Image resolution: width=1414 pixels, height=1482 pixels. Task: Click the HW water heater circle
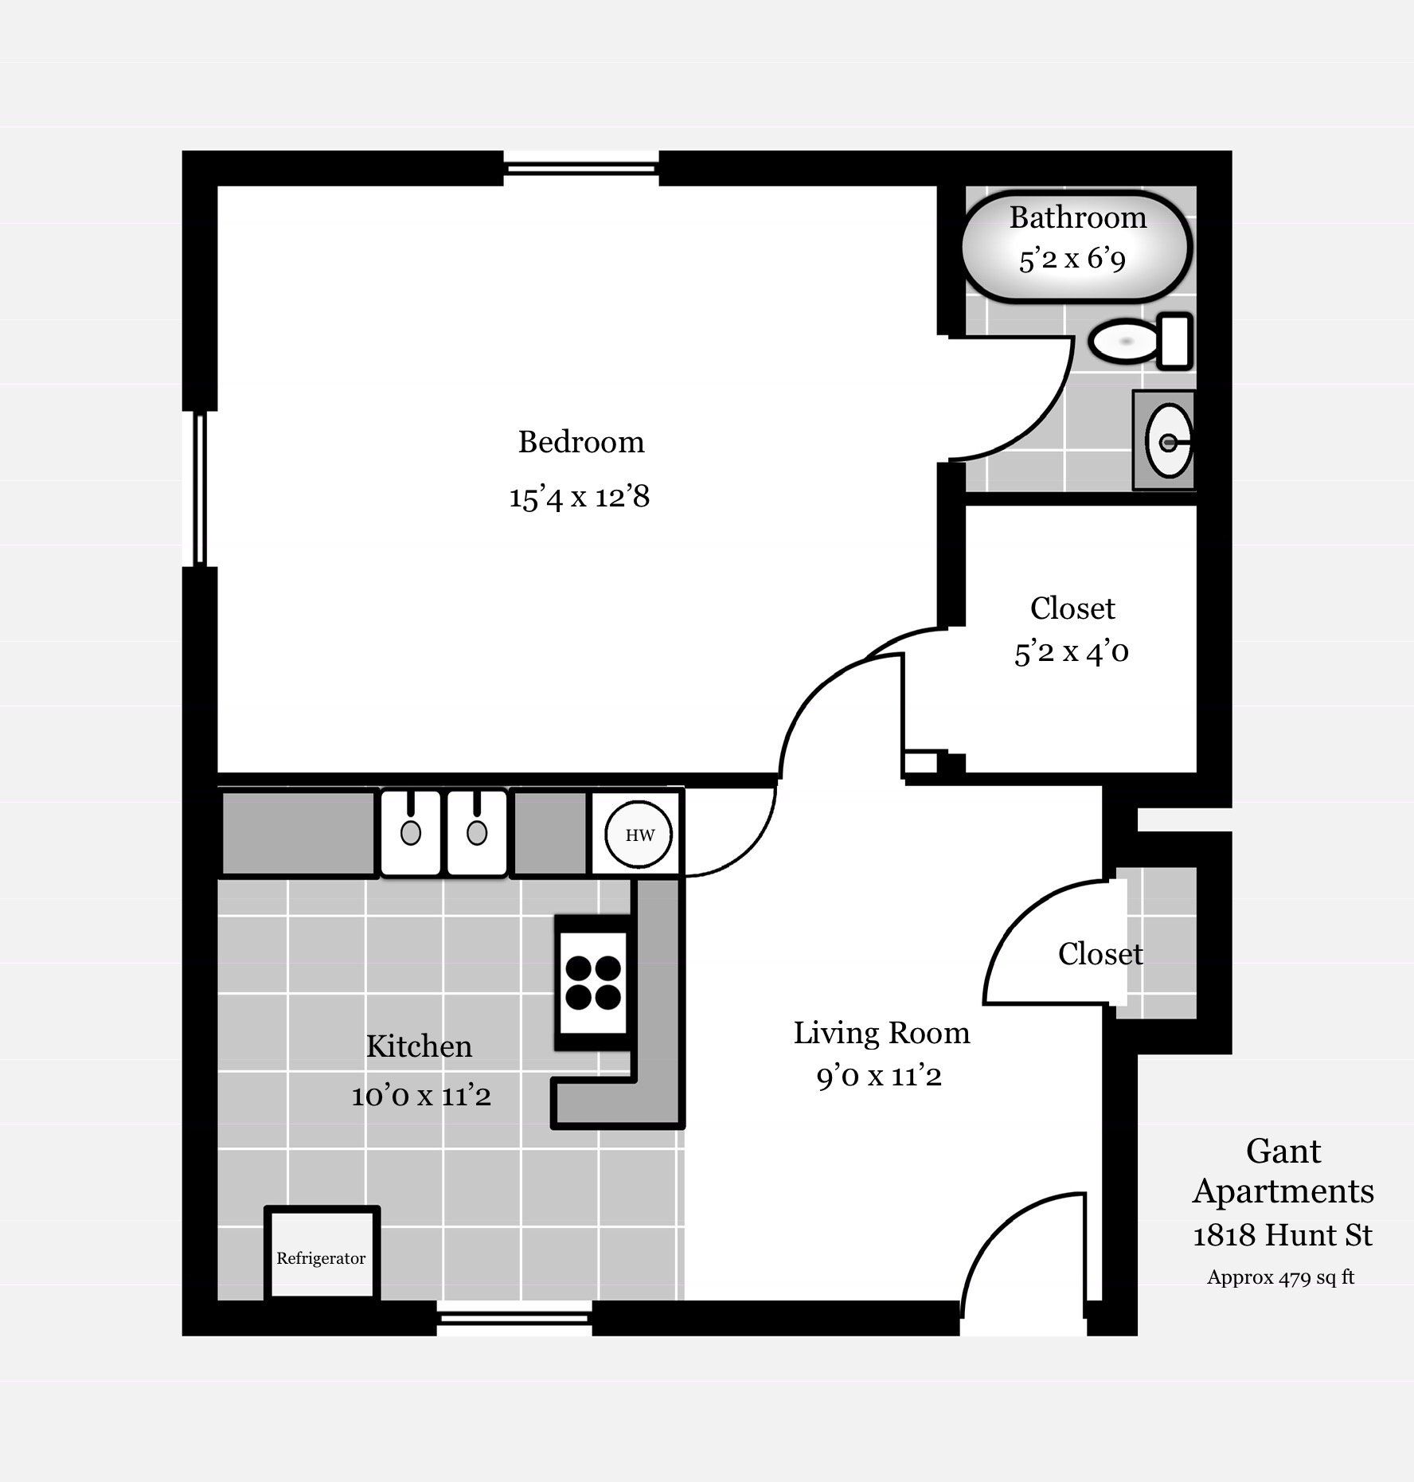pos(639,835)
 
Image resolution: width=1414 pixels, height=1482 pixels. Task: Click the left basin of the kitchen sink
pos(410,833)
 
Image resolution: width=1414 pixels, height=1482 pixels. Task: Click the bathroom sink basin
pos(1169,440)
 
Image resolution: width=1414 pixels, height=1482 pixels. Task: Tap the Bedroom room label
pos(581,442)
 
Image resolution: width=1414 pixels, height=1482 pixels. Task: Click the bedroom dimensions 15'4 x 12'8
pos(580,497)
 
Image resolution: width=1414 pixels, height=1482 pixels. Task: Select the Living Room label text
pos(881,1033)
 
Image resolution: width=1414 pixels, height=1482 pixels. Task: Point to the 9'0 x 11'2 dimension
pos(879,1077)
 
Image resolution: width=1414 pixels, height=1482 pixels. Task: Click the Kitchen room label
pos(419,1046)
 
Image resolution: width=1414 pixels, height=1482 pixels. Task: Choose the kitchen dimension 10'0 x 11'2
pos(421,1096)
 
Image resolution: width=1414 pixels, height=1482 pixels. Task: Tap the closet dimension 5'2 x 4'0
pos(1072,652)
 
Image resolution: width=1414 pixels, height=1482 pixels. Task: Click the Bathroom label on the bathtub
pos(1078,217)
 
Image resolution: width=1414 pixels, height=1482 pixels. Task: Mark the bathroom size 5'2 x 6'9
pos(1072,259)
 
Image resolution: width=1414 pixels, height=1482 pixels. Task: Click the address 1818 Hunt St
pos(1283,1235)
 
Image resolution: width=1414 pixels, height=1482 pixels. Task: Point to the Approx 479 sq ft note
pos(1280,1277)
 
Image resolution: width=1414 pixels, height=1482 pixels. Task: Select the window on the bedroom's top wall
pos(581,168)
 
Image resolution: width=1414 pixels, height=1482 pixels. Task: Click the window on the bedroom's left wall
pos(200,489)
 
